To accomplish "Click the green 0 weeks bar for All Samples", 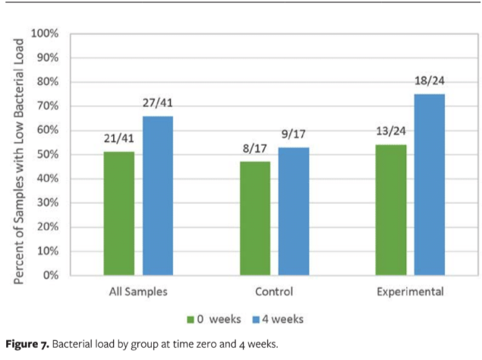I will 119,213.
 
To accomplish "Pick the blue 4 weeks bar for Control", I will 293,211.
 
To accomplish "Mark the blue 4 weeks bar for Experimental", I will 429,185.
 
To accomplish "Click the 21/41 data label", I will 119,138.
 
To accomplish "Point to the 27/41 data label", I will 158,103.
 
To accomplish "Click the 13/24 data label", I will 390,131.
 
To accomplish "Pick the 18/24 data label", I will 429,81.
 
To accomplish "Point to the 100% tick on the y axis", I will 45,34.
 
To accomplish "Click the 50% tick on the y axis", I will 47,154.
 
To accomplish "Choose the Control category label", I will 274,291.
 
